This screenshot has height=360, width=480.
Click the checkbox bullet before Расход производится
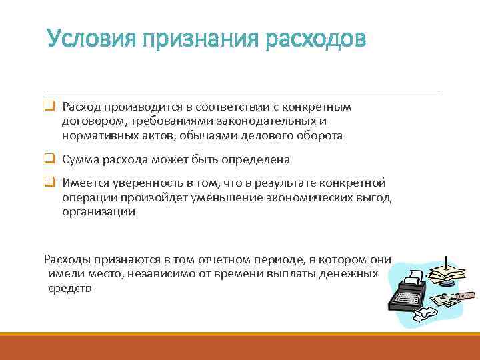coord(49,107)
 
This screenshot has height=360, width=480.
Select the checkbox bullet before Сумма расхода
coord(49,159)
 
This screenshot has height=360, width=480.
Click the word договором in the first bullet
coord(91,121)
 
